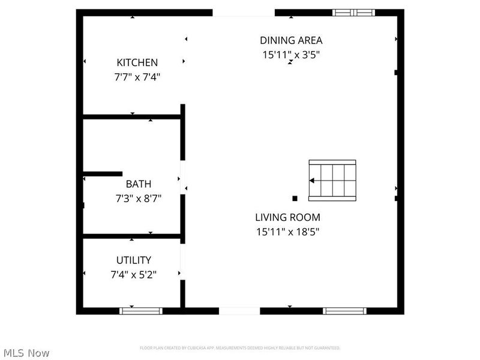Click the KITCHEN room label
[137, 62]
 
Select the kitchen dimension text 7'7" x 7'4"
[137, 76]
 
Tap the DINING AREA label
[291, 41]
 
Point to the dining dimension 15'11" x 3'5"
[291, 55]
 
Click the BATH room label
[138, 184]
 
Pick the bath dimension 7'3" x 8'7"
[138, 197]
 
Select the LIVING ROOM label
[287, 217]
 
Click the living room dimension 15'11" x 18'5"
[287, 231]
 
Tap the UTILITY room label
[133, 260]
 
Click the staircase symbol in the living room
[332, 180]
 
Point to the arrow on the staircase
[313, 180]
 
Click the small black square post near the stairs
[295, 198]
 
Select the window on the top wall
[354, 12]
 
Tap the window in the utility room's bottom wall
[141, 311]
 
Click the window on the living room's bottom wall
[344, 311]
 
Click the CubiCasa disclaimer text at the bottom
[240, 348]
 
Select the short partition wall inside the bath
[103, 174]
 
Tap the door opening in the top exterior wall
[244, 12]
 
